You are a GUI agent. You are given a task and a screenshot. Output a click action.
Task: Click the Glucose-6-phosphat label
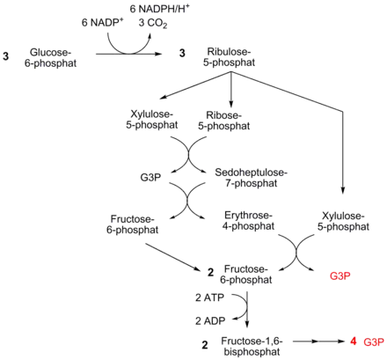[x=50, y=58]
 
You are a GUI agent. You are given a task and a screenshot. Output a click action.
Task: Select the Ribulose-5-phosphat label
[x=230, y=57]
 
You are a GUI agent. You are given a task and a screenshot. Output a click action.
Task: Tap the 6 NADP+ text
[x=102, y=22]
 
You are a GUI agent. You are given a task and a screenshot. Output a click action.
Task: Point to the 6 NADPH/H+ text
[x=160, y=9]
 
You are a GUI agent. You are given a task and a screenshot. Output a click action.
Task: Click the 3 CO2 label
[x=153, y=23]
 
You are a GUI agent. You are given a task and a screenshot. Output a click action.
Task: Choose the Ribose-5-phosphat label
[x=224, y=121]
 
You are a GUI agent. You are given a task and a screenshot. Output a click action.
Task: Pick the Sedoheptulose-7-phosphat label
[x=252, y=178]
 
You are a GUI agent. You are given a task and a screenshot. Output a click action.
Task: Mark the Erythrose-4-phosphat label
[x=248, y=221]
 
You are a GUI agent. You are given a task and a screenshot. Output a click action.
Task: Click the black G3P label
[x=150, y=178]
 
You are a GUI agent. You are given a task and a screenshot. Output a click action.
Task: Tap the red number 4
[x=354, y=342]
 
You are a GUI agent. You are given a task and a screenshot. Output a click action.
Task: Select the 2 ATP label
[x=209, y=298]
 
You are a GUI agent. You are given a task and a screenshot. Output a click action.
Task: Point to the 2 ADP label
[x=210, y=321]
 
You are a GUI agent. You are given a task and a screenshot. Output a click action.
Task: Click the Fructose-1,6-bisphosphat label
[x=252, y=346]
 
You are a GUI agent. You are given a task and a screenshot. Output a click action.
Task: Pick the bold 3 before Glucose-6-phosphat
[x=6, y=56]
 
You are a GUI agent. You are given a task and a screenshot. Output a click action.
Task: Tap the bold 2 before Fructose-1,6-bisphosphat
[x=205, y=345]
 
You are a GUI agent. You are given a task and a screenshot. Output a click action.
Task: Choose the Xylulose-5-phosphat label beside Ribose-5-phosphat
[x=152, y=119]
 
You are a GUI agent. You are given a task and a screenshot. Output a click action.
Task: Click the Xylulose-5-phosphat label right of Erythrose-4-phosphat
[x=343, y=221]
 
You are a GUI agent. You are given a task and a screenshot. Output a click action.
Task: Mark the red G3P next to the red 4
[x=374, y=342]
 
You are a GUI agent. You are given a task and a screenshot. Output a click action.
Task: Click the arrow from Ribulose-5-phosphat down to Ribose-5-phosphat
[x=231, y=90]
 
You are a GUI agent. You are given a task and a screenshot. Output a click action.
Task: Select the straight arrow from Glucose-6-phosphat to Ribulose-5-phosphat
[x=129, y=54]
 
